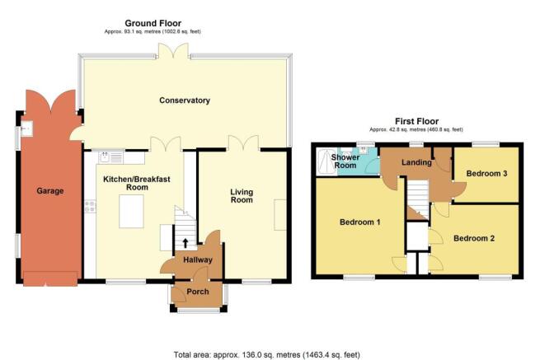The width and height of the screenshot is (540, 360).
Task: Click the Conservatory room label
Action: [185, 101]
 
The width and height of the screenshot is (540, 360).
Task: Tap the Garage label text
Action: [50, 190]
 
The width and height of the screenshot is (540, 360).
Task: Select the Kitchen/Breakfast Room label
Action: [137, 183]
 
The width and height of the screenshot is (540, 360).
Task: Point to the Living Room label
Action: [242, 196]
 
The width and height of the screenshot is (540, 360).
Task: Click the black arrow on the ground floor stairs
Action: [185, 243]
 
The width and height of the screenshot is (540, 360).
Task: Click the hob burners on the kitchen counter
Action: [90, 207]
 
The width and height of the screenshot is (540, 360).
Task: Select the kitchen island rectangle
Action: [131, 212]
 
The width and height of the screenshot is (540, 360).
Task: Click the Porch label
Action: [198, 292]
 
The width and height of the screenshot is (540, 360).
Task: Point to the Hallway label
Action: [198, 259]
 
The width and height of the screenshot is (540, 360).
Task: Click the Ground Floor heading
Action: [153, 23]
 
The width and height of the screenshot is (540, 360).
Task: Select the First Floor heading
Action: [416, 121]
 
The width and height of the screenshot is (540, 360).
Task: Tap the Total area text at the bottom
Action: [267, 354]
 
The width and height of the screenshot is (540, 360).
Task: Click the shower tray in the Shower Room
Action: [327, 161]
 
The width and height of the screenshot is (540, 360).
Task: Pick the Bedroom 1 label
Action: [360, 222]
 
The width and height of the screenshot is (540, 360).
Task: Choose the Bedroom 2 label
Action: [474, 238]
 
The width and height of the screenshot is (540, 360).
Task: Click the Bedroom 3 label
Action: [486, 173]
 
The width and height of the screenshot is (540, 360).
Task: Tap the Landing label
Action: [416, 162]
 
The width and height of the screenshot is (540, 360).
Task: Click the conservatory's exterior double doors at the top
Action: [173, 50]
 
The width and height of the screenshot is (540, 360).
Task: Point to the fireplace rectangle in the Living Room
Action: [280, 215]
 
